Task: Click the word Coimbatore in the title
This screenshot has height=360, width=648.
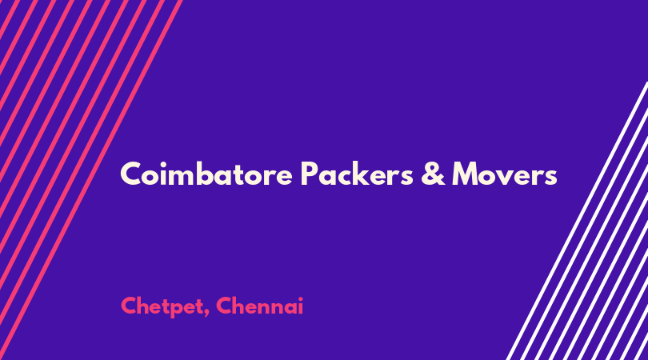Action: coord(206,174)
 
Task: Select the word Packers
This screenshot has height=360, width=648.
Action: coord(357,174)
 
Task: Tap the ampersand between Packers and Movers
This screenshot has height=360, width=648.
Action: coord(433,174)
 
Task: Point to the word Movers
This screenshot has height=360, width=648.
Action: coord(505,174)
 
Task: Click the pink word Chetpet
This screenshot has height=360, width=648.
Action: coord(162,306)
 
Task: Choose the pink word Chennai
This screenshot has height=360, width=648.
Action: coord(259,306)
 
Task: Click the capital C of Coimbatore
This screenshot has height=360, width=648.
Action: coord(132,174)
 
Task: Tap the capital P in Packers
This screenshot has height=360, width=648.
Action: coord(310,174)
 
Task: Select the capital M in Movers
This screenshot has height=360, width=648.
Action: coord(466,174)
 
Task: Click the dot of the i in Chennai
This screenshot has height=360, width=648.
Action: coord(300,299)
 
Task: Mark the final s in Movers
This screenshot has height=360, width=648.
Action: coord(550,177)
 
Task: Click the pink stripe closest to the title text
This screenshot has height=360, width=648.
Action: coord(91,180)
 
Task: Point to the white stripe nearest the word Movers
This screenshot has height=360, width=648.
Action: coord(577,221)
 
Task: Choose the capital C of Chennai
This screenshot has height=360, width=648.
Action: coord(225,306)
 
